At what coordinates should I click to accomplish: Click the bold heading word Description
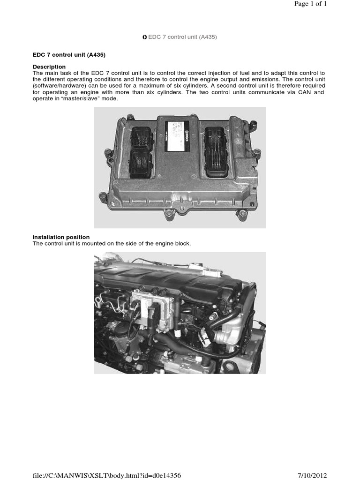pyautogui.click(x=49, y=67)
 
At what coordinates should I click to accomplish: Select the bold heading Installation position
pyautogui.click(x=61, y=237)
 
